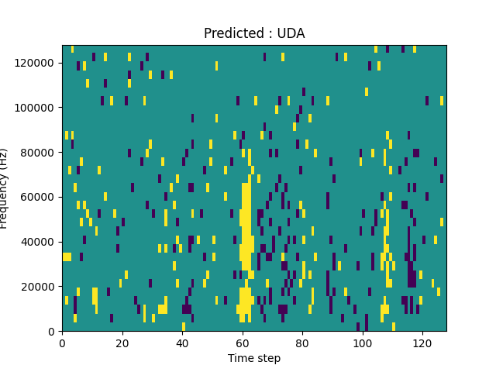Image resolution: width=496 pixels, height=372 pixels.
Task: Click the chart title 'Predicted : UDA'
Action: (254, 33)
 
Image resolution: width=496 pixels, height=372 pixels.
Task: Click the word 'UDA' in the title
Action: (291, 33)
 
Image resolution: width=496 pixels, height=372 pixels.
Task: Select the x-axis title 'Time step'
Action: (254, 358)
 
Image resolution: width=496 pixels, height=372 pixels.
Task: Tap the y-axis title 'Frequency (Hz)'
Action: (5, 188)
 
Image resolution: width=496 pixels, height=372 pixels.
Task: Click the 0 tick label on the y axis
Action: (52, 331)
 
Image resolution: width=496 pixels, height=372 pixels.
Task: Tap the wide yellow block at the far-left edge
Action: (67, 257)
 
